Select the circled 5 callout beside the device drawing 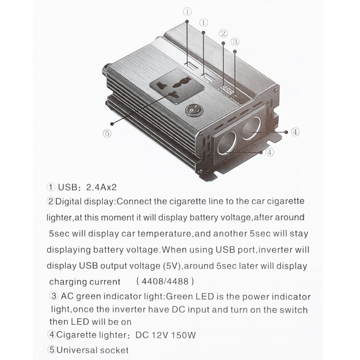(107, 133)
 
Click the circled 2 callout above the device (223, 33)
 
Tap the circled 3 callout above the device (235, 41)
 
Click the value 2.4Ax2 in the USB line (102, 187)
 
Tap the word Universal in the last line (74, 350)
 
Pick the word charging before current (68, 282)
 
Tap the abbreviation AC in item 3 (67, 297)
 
